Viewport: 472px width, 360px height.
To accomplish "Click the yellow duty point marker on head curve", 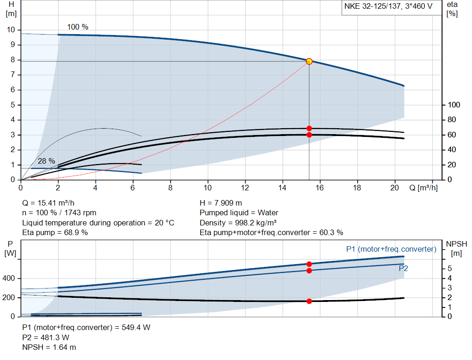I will [x=309, y=61].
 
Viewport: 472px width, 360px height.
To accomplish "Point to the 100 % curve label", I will [x=77, y=27].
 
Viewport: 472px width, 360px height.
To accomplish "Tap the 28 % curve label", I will [x=46, y=161].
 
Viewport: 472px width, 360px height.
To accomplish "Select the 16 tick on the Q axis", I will [x=320, y=188].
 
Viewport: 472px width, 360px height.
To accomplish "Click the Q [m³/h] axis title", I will [x=424, y=188].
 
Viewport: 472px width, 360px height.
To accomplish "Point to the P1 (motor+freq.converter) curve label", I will [x=391, y=249].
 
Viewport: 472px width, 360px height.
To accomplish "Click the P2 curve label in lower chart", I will [x=403, y=268].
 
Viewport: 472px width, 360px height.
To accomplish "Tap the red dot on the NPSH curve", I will [x=309, y=301].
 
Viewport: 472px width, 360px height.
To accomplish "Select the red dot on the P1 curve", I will [x=309, y=264].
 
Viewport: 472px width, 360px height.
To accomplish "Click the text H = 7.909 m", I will [x=221, y=203].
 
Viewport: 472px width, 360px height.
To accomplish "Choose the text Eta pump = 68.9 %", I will [x=55, y=232].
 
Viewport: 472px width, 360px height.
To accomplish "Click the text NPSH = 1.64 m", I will [x=49, y=347].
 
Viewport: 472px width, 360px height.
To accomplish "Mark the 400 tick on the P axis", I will [x=10, y=278].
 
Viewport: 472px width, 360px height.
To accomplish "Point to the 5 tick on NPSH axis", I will [x=450, y=269].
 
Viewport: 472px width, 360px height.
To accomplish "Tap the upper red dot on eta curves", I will [x=309, y=129].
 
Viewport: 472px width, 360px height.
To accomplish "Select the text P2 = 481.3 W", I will [x=46, y=337].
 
